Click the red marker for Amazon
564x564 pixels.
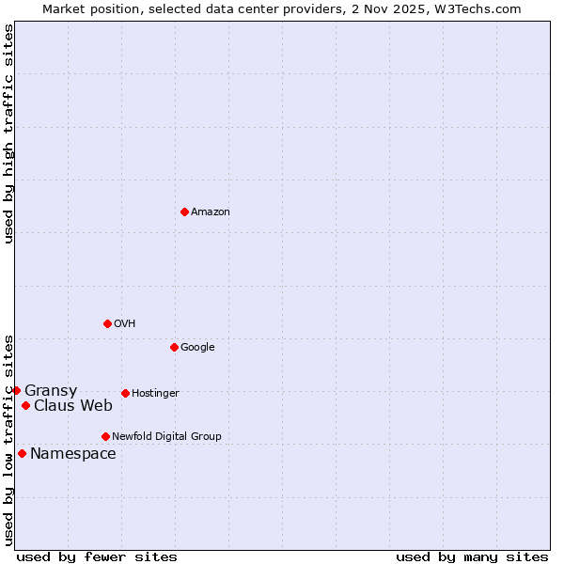[184, 211]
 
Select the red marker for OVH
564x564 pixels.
[107, 323]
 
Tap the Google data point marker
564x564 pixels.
[174, 347]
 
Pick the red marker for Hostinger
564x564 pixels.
[125, 393]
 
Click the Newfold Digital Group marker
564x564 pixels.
[105, 436]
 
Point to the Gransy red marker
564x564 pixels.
[16, 390]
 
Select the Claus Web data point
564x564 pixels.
[25, 405]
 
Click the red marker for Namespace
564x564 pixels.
[22, 453]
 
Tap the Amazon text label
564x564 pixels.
[211, 212]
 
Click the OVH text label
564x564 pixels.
[125, 324]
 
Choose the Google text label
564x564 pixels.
[197, 348]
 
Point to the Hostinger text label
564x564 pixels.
[155, 394]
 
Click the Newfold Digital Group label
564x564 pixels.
[166, 437]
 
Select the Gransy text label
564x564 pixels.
[51, 391]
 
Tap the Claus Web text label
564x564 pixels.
[73, 406]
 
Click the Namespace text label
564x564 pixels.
[73, 454]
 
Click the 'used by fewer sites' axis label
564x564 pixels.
[97, 556]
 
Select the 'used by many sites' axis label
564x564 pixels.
[472, 556]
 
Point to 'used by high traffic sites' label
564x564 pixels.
[8, 133]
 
